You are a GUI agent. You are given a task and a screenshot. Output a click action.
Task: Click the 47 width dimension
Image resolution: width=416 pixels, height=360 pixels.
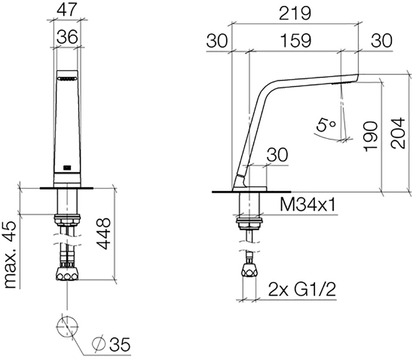click(x=66, y=10)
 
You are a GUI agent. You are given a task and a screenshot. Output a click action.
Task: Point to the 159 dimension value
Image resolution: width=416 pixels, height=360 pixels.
click(x=295, y=41)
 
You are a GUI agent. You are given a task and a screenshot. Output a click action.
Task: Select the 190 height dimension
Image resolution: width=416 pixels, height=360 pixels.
click(x=371, y=137)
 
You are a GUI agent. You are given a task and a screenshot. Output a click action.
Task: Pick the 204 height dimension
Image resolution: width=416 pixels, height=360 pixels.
click(x=398, y=133)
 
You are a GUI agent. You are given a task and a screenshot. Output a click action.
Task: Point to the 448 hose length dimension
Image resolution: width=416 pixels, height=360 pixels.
click(x=103, y=234)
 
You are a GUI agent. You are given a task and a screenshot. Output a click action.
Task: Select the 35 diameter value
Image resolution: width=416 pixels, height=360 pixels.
click(x=120, y=345)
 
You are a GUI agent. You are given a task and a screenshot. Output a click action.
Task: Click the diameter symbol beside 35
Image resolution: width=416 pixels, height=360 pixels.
click(x=99, y=344)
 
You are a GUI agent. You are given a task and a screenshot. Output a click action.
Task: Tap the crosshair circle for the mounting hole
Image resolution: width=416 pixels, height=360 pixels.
click(x=67, y=327)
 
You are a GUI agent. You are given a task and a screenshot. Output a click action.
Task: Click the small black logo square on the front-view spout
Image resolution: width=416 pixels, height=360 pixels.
click(x=67, y=168)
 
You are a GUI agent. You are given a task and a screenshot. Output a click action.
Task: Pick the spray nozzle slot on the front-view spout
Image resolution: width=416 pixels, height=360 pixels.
click(x=67, y=78)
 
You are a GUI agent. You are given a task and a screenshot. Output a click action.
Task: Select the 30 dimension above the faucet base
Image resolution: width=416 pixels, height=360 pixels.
click(x=277, y=155)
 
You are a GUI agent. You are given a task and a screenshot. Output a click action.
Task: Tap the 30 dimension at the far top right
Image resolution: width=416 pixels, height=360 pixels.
click(x=382, y=41)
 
